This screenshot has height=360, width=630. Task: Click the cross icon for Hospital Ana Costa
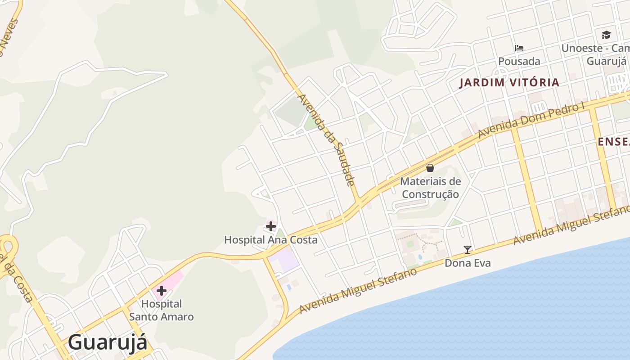pyautogui.click(x=270, y=226)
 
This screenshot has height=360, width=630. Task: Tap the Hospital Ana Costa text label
pyautogui.click(x=270, y=240)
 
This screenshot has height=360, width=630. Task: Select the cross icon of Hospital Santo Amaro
pyautogui.click(x=162, y=290)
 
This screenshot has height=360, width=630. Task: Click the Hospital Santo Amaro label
pyautogui.click(x=162, y=310)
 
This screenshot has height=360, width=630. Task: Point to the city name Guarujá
pyautogui.click(x=108, y=342)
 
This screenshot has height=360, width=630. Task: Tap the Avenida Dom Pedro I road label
pyautogui.click(x=531, y=120)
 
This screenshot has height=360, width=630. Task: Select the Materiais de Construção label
pyautogui.click(x=431, y=188)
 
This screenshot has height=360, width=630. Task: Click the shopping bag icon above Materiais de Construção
pyautogui.click(x=430, y=168)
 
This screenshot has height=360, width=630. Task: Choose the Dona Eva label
pyautogui.click(x=468, y=263)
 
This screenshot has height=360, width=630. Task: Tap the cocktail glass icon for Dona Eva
pyautogui.click(x=468, y=249)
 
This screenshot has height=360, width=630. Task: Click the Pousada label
pyautogui.click(x=519, y=61)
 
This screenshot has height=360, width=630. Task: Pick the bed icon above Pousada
pyautogui.click(x=519, y=48)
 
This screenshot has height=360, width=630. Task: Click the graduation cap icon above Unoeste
pyautogui.click(x=606, y=35)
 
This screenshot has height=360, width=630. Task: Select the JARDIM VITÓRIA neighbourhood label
pyautogui.click(x=509, y=83)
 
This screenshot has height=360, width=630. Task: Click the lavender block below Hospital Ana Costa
pyautogui.click(x=285, y=260)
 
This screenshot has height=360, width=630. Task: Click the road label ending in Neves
pyautogui.click(x=9, y=38)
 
